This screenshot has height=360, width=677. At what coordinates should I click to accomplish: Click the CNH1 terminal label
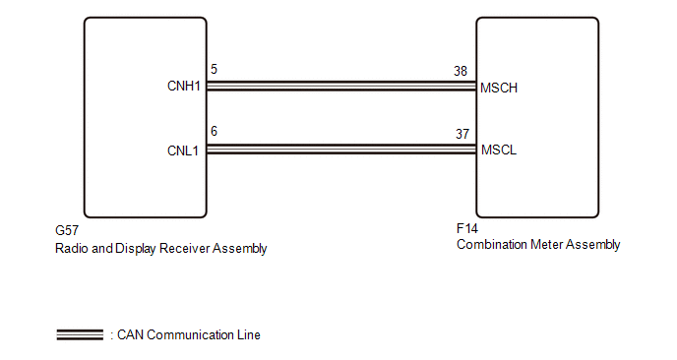[184, 86]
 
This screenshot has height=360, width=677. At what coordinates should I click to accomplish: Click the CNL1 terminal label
[183, 150]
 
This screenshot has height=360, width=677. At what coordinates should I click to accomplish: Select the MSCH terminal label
[499, 89]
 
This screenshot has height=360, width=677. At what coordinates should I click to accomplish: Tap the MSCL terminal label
[499, 150]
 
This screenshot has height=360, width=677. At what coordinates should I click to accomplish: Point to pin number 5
[214, 69]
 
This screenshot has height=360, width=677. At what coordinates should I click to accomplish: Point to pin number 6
[214, 131]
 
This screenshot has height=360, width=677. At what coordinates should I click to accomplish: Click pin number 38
[461, 71]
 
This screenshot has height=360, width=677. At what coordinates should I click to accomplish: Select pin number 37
[462, 134]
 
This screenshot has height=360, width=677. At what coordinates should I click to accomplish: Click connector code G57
[67, 230]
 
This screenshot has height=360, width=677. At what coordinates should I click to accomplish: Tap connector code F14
[467, 228]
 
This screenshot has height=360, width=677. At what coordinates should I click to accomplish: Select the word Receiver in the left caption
[184, 248]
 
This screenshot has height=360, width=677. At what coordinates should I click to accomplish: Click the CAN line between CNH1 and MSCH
[341, 86]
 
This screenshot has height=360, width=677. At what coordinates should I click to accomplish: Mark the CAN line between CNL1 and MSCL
[341, 150]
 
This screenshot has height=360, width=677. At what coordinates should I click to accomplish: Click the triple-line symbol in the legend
[80, 334]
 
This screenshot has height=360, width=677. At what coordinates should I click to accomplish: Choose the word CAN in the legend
[130, 335]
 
